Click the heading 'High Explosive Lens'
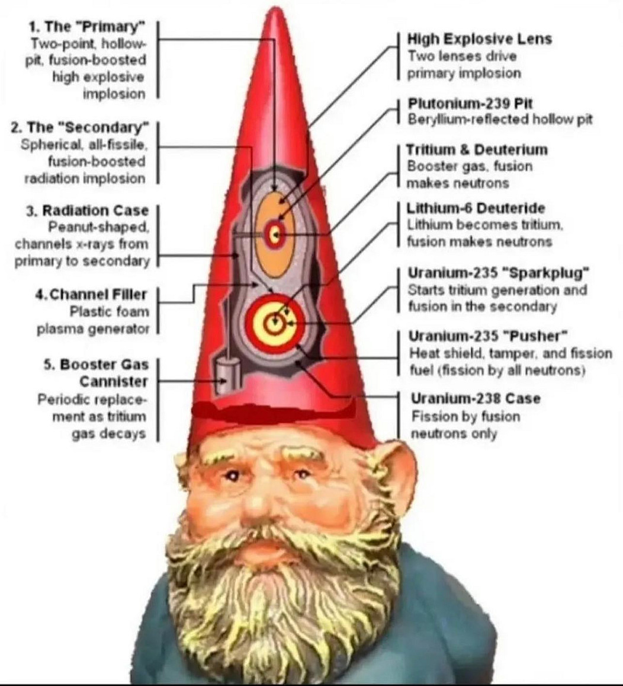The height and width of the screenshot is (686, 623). coord(480,39)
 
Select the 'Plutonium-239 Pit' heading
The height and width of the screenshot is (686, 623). coord(470,103)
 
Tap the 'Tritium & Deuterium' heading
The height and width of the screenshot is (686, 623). coord(477,149)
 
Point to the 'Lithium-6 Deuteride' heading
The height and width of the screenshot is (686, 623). coord(476,208)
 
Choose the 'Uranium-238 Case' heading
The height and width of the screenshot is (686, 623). coord(476,398)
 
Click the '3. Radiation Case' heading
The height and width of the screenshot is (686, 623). coord(88,210)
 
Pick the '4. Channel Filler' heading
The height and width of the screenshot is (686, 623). coord(91,295)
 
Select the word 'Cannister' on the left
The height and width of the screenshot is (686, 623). coord(114,381)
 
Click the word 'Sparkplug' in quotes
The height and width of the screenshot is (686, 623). coord(546,273)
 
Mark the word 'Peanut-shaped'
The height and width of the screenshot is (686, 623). coord(99,228)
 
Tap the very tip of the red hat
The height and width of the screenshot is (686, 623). coord(274,7)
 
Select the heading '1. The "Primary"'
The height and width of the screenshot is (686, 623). coord(87,27)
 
